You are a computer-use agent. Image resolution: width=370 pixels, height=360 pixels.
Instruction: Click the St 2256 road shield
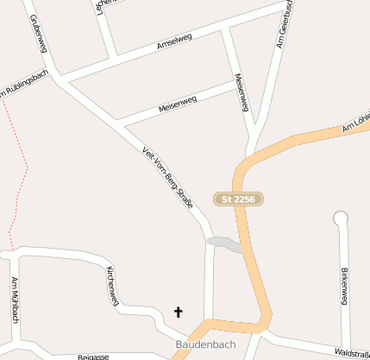[238, 199]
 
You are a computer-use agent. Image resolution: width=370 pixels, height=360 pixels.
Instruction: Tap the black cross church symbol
[179, 312]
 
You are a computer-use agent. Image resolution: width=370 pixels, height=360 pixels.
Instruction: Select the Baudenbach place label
[204, 344]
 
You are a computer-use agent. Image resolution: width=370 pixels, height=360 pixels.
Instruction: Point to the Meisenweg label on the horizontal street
[178, 104]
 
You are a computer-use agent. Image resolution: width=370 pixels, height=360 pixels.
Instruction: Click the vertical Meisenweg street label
[241, 93]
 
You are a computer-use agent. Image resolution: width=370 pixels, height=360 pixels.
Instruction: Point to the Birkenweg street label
[343, 285]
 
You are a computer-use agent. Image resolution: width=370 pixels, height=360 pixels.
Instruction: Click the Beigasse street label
[93, 356]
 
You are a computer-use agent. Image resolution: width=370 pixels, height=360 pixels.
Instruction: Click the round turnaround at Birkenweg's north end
[341, 218]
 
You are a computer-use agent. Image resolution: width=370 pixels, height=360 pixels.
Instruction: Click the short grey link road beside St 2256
[224, 244]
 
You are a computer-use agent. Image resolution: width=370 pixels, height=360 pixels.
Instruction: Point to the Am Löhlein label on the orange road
[355, 123]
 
